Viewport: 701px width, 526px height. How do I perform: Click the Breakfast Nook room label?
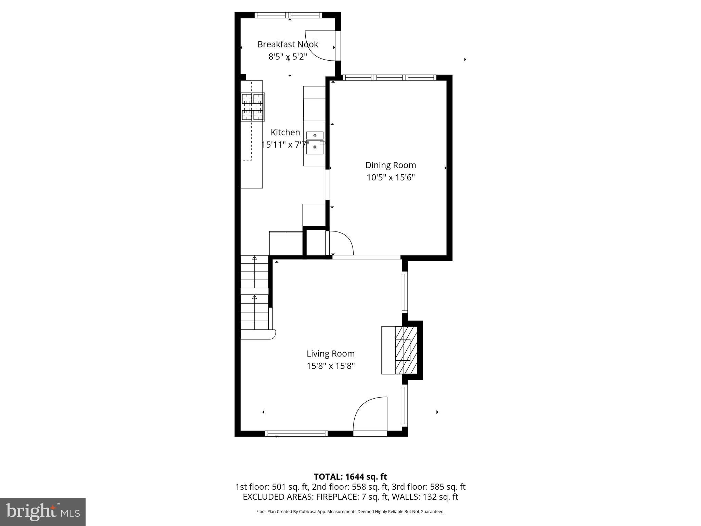pos(288,44)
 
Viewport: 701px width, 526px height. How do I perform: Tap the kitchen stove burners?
pos(253,107)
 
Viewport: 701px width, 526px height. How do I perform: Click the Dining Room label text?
pos(391,165)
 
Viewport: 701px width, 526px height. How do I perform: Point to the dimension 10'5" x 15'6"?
pos(391,177)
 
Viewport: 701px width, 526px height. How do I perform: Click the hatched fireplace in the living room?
pos(406,350)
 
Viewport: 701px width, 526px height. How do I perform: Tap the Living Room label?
pos(330,353)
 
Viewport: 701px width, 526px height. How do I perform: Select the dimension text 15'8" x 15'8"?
pos(330,366)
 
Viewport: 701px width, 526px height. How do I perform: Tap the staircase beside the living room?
pos(254,293)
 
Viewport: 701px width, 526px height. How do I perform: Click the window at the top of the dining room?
pos(390,78)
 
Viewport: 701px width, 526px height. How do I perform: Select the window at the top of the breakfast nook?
pos(288,15)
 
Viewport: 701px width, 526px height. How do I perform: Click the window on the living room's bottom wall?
pos(296,434)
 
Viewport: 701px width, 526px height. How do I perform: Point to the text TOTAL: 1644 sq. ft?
pos(350,477)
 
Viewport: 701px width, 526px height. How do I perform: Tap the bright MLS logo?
pos(43,512)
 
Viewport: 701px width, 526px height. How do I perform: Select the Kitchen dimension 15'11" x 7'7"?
pos(285,145)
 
